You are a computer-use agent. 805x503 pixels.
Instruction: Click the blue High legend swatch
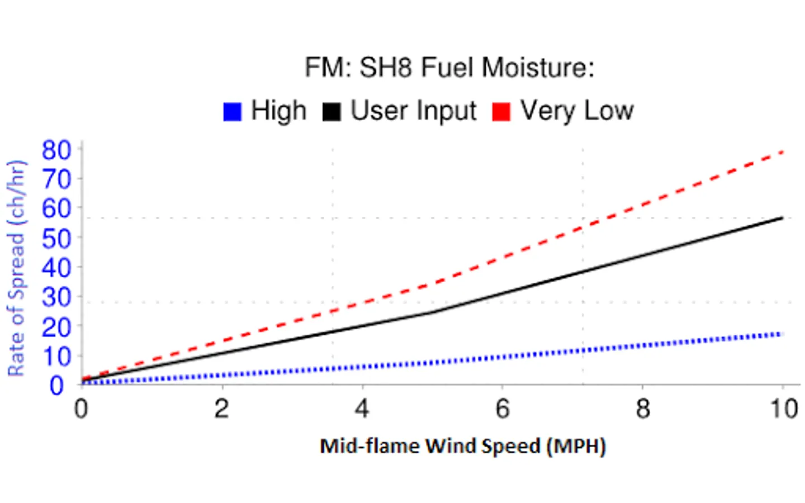232,111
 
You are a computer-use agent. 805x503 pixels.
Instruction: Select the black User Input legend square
332,111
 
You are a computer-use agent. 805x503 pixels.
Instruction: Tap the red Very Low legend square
501,111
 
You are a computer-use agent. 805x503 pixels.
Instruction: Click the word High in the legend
278,111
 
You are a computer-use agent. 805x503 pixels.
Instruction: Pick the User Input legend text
413,111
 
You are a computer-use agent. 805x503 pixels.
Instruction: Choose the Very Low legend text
577,111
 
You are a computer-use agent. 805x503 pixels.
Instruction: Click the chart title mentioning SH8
449,68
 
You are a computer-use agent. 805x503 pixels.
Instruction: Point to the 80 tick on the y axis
56,150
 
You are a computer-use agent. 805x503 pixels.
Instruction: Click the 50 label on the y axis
56,239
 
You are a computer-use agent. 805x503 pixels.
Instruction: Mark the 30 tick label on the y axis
56,297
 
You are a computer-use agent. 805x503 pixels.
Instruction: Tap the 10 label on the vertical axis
56,356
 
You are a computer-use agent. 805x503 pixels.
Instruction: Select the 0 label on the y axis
56,385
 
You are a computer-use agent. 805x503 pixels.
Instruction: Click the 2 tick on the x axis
222,409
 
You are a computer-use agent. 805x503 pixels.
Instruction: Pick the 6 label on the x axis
503,409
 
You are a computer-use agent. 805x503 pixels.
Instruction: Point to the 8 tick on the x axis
643,409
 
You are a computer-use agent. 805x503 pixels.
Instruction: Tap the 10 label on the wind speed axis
784,409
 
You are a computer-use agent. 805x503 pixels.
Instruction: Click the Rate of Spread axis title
16,268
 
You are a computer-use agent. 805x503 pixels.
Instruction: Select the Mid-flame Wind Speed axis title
462,446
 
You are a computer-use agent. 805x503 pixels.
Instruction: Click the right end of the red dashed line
782,152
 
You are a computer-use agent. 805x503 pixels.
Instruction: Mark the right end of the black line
782,217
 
